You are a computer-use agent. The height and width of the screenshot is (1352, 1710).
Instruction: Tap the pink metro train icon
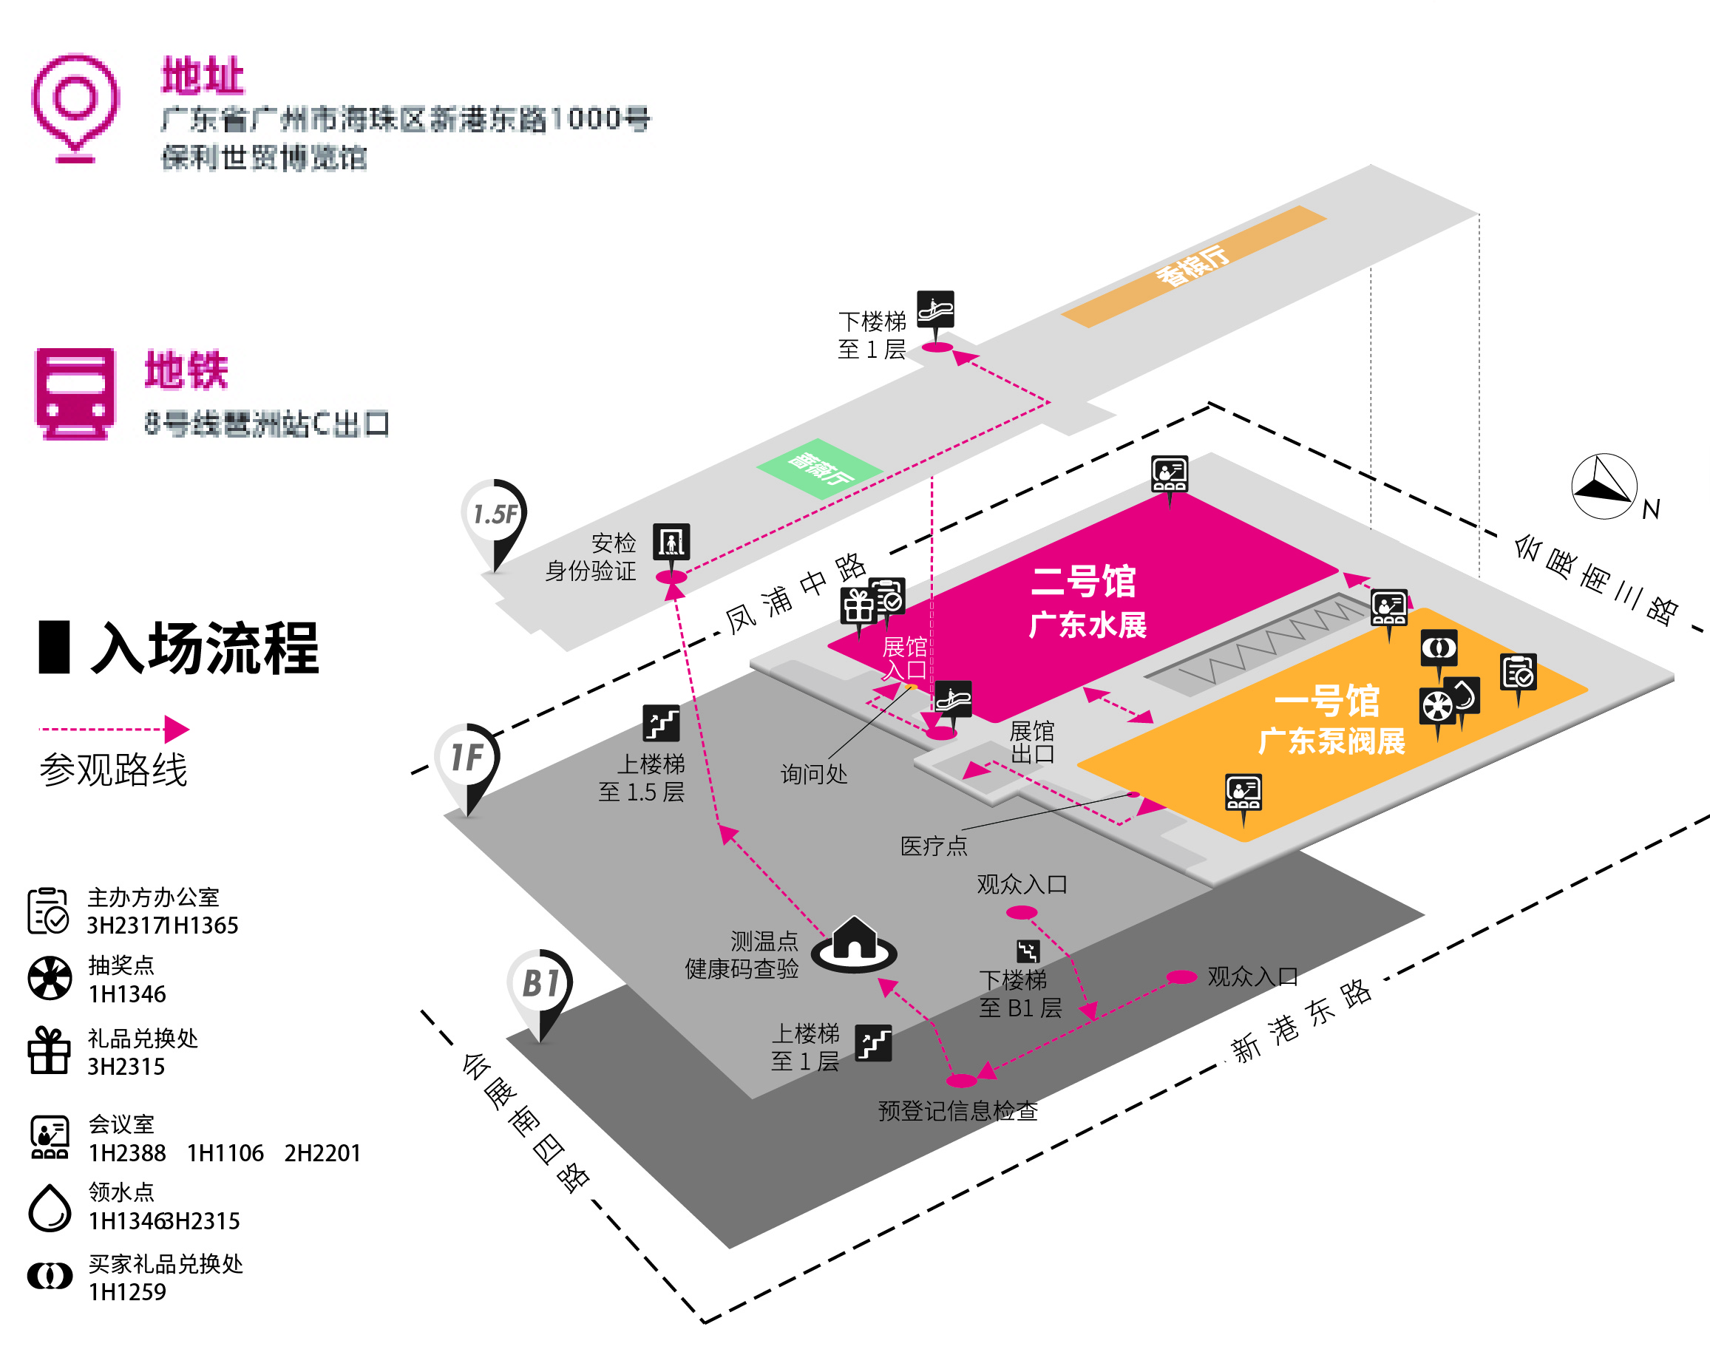75,393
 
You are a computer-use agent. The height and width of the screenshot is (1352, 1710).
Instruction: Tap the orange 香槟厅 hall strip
1193,266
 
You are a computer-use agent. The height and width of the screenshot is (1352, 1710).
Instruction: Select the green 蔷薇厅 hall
819,468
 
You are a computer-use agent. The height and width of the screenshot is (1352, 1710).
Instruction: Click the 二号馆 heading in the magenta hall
1084,582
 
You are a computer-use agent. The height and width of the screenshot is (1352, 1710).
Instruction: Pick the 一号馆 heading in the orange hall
1327,701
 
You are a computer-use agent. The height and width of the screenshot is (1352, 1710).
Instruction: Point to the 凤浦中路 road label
795,594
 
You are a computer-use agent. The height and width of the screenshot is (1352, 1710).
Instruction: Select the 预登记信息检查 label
958,1111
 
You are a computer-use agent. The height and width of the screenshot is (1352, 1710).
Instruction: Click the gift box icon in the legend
49,1050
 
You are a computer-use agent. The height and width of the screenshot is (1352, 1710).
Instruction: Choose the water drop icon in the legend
49,1207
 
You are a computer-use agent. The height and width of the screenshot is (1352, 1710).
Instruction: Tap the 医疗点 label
934,846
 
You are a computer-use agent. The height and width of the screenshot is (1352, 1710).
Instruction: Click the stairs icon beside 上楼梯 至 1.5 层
661,723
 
